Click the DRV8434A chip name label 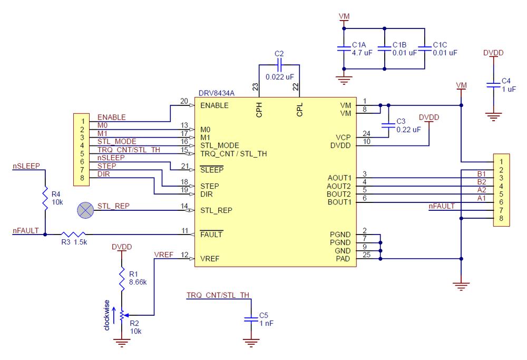point(216,93)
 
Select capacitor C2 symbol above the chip point(279,65)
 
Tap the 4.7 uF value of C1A point(362,53)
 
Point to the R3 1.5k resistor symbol point(72,234)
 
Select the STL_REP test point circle point(84,210)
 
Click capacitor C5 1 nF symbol point(250,319)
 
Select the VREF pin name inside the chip point(210,259)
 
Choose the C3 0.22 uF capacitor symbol point(388,125)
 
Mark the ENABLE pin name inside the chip point(214,105)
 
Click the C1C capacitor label point(440,45)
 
